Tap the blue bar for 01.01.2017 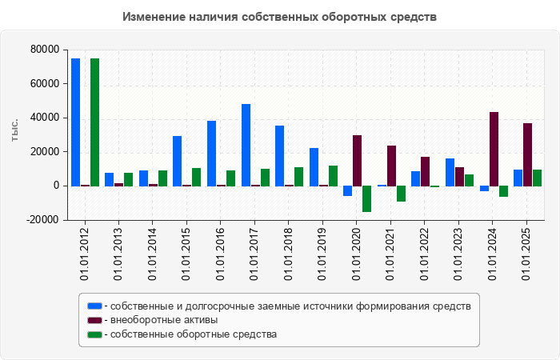click(x=246, y=145)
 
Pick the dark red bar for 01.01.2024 click(x=494, y=149)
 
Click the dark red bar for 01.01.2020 click(x=357, y=160)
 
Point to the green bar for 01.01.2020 click(x=366, y=198)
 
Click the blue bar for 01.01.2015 click(x=177, y=161)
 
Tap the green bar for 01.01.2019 click(x=333, y=175)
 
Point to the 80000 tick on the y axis click(x=44, y=50)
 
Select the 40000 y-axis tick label click(x=44, y=118)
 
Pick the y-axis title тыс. click(x=14, y=132)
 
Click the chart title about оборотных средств click(x=280, y=17)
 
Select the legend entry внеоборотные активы click(x=164, y=320)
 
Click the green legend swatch click(x=94, y=334)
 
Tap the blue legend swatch click(x=94, y=306)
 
